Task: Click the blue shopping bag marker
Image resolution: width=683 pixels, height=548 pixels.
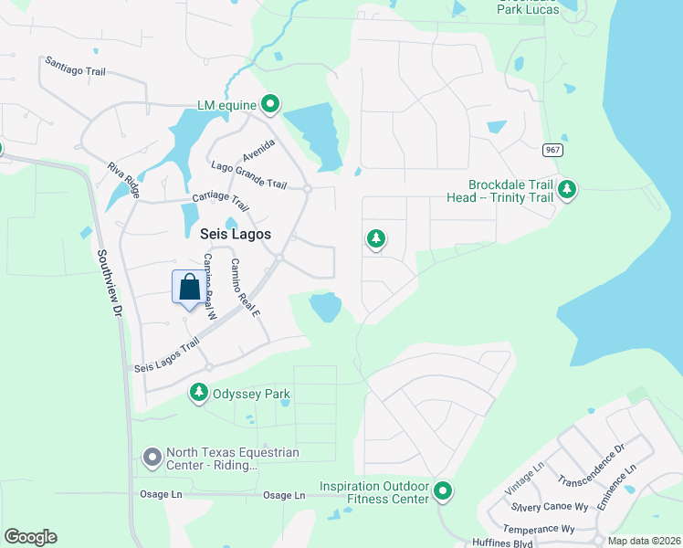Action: point(189,288)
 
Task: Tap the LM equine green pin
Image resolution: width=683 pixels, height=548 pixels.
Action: point(269,105)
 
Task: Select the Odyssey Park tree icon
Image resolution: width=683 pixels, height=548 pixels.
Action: point(198,393)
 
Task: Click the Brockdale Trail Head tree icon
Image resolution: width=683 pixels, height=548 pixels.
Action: point(567,189)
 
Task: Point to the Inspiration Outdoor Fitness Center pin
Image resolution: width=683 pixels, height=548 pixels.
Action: point(443,492)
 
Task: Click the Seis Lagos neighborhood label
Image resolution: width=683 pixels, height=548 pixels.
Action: point(236,234)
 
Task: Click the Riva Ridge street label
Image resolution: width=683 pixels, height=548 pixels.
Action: point(123,180)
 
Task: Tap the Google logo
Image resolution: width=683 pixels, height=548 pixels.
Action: point(30,537)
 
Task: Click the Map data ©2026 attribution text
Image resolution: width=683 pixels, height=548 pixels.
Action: point(644,541)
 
